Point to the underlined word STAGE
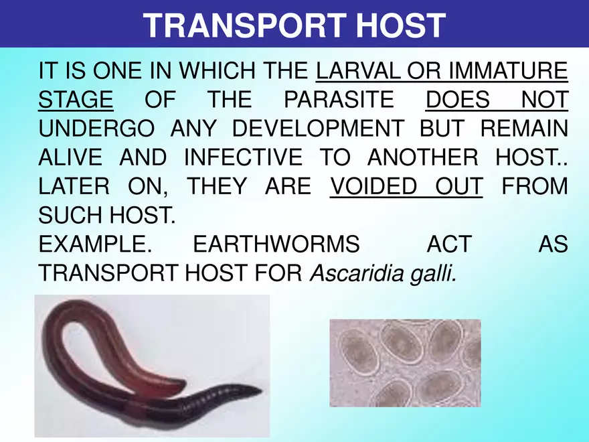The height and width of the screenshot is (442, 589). pyautogui.click(x=76, y=100)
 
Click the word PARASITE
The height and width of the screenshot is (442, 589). pyautogui.click(x=339, y=100)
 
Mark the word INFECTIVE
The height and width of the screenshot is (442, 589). pyautogui.click(x=242, y=158)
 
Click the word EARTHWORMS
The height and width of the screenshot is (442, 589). pyautogui.click(x=276, y=244)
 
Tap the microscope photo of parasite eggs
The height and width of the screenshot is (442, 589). pyautogui.click(x=405, y=363)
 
